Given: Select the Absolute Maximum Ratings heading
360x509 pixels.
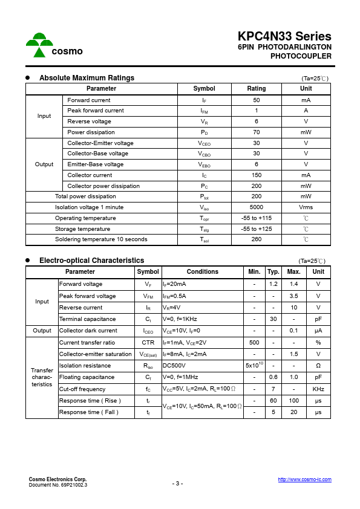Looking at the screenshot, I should click(87, 78).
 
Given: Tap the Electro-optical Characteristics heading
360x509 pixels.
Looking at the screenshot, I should click(91, 261).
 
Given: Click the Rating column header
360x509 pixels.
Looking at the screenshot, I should click(257, 89).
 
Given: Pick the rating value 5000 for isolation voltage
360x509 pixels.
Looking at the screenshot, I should click(257, 207).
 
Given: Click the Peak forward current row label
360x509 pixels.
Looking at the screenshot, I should click(96, 111).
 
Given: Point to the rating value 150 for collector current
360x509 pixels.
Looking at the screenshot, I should click(257, 175).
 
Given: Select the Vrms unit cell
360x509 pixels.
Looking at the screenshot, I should click(306, 207).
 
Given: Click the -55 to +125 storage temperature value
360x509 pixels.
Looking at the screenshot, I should click(257, 229).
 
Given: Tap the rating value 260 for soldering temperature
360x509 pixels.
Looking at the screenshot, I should click(257, 239).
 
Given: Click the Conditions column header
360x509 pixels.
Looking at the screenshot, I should click(202, 272).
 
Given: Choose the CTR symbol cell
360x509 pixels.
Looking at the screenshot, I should click(148, 343).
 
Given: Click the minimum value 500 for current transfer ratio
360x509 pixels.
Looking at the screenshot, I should click(254, 343).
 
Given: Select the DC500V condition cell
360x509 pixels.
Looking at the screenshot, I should click(174, 366).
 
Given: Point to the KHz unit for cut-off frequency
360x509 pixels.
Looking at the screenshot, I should click(318, 389).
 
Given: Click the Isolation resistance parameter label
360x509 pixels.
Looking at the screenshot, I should click(85, 366).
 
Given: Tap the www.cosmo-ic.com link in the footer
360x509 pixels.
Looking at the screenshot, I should click(304, 479).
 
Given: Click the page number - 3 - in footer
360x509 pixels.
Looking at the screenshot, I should click(177, 484).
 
